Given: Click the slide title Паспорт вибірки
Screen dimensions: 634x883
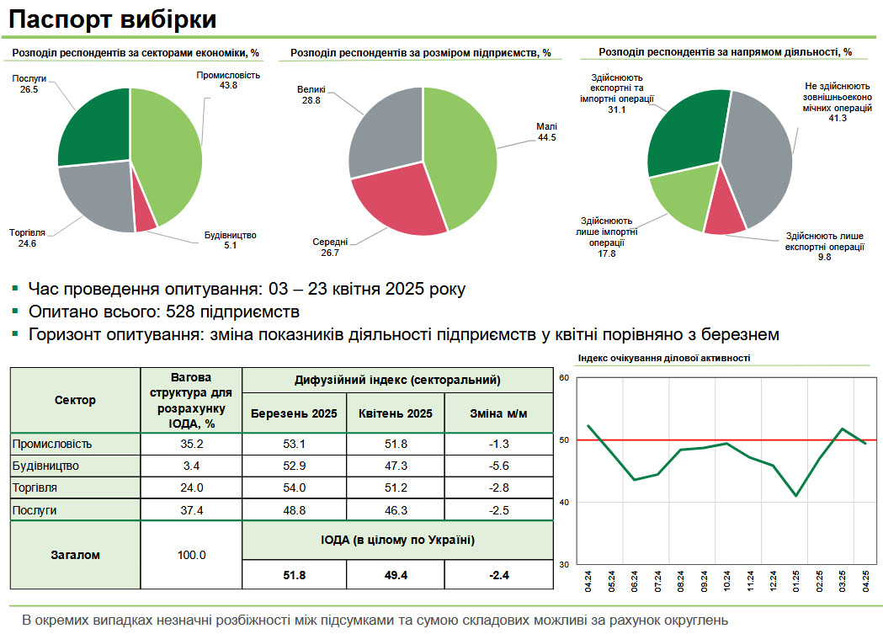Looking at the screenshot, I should [113, 19].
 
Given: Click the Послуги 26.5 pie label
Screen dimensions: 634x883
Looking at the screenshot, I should [29, 83].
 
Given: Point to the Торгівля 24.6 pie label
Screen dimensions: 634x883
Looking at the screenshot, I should [27, 237].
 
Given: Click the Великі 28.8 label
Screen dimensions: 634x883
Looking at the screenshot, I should [311, 95].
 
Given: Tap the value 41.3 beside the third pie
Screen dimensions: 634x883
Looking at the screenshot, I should [838, 118].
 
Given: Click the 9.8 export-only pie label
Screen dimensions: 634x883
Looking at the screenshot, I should [824, 258].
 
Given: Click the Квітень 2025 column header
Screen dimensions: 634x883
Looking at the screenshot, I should [395, 413].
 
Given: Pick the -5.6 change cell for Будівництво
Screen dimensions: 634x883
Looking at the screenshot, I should [500, 466].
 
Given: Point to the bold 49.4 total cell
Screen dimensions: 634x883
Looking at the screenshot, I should [395, 576].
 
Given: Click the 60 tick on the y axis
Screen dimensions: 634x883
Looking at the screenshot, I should [565, 378].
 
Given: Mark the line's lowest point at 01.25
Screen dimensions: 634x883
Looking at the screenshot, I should [795, 496].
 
